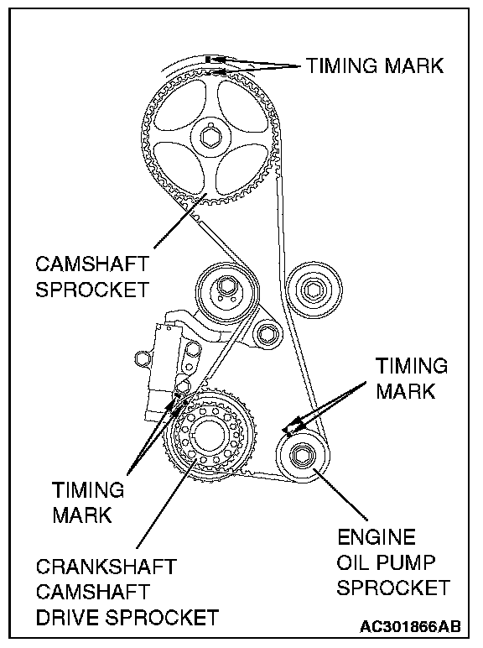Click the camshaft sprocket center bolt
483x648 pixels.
[x=211, y=138]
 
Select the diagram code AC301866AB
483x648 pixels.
[x=409, y=626]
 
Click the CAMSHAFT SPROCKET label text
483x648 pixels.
[x=91, y=276]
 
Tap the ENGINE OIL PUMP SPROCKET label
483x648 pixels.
[x=393, y=563]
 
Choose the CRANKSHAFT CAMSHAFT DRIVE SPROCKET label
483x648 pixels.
[x=127, y=592]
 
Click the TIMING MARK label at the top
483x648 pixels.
[x=375, y=65]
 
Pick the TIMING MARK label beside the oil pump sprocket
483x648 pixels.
[x=411, y=379]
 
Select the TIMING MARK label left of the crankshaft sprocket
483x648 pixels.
[x=87, y=503]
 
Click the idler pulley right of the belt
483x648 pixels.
[x=314, y=290]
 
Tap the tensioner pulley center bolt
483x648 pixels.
[x=225, y=286]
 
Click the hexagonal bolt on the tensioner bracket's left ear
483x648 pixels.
[x=142, y=358]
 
